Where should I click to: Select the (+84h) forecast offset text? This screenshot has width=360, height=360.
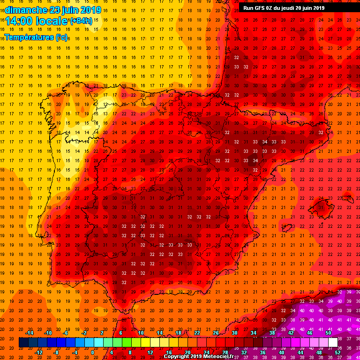[x=81, y=21]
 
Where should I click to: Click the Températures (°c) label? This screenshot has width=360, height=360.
[x=35, y=37]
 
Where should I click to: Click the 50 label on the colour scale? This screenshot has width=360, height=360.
[x=328, y=333]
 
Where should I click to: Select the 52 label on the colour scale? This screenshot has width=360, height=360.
[x=337, y=352]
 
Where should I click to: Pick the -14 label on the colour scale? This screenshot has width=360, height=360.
[x=29, y=333]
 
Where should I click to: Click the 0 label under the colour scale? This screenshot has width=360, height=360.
[x=92, y=352]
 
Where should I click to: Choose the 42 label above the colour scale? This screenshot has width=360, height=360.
[x=291, y=333]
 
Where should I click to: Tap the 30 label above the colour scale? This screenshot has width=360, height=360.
[x=234, y=333]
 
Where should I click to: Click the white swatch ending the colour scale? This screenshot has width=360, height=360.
[x=332, y=343]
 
